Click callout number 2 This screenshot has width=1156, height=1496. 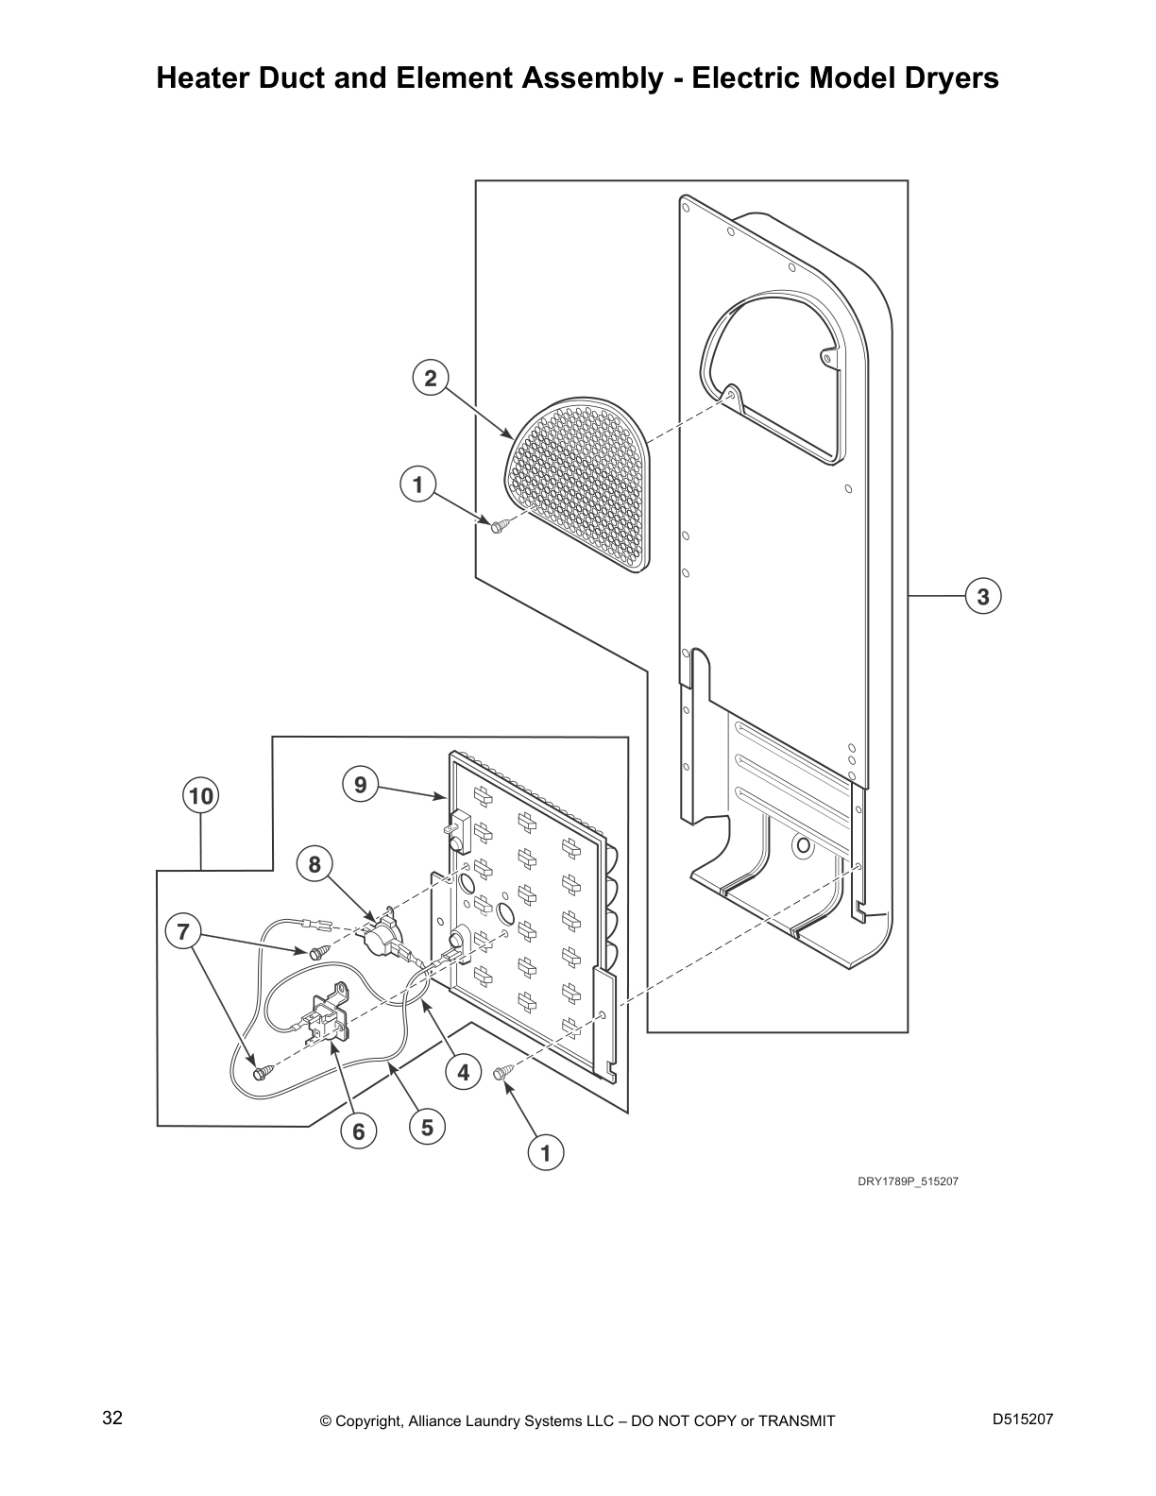[431, 379]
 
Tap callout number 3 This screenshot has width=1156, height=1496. [983, 597]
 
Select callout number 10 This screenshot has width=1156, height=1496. [200, 796]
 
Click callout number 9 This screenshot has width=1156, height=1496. [360, 784]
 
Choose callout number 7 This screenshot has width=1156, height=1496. [183, 932]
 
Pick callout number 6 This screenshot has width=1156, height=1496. [358, 1130]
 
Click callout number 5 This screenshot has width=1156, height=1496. [427, 1127]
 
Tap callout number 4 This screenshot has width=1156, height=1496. [463, 1072]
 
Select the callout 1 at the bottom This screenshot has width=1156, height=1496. [545, 1152]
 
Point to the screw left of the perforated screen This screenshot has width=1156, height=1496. [498, 524]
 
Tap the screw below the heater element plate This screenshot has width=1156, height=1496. [501, 1072]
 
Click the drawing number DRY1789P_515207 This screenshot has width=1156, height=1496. [908, 1181]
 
